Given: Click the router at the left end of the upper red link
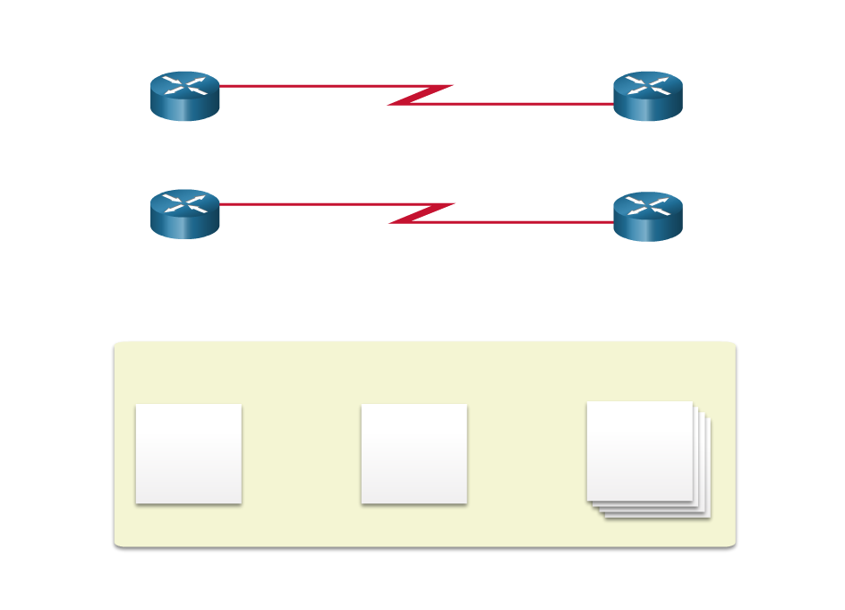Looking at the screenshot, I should point(184,96).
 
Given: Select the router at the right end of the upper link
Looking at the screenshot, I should point(648,96).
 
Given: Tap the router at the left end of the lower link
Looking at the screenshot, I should point(184,214).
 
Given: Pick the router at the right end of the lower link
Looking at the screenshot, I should point(648,216).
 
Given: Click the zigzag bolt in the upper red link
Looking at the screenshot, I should point(420,95).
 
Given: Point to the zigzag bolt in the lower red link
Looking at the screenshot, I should point(422,213).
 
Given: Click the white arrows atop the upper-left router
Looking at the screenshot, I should point(184,86).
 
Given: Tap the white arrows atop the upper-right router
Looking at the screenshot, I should point(648,86).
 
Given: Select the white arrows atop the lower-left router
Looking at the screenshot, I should point(184,204).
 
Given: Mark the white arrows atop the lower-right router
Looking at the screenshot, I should point(648,206).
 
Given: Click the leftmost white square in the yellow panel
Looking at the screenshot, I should point(188,453).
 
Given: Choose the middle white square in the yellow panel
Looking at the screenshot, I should point(414,453).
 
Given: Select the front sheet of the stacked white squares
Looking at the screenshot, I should point(639,451).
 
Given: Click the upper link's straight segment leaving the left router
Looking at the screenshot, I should point(304,86).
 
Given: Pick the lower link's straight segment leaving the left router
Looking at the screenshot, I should point(304,204).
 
